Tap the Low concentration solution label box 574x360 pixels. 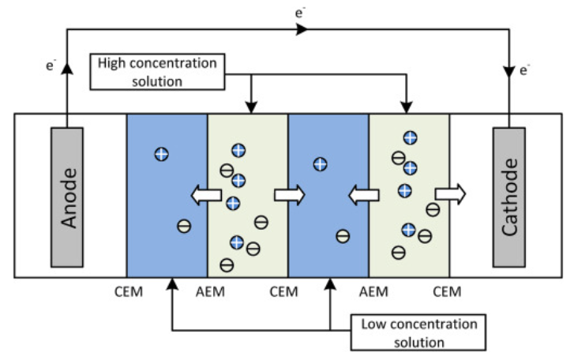418,333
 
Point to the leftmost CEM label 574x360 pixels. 127,292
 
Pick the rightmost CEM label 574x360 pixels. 448,292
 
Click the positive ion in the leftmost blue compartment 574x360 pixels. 161,154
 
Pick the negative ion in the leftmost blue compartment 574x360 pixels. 183,227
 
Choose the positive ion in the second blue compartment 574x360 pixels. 320,164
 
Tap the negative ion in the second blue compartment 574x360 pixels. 343,235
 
